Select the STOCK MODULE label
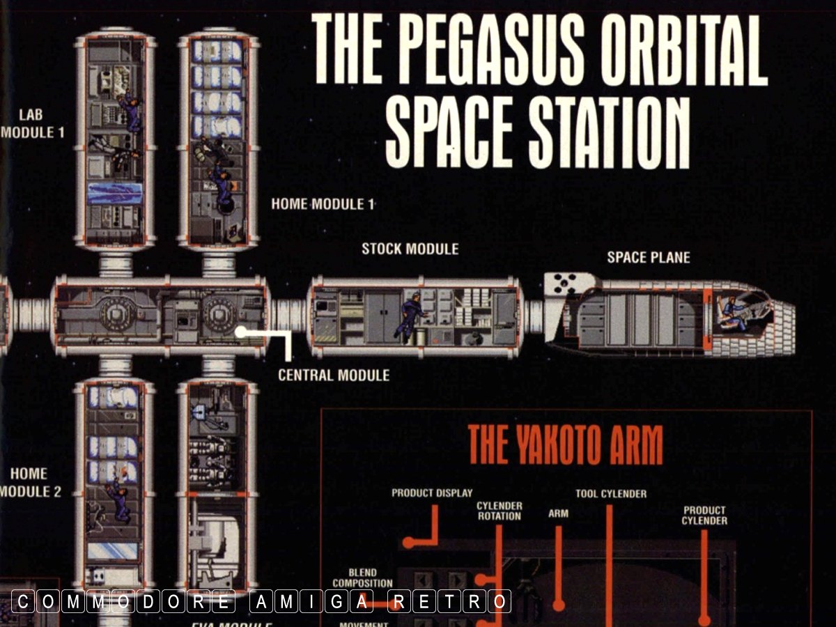coord(410,249)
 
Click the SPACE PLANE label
coord(648,257)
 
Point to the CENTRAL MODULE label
coord(334,376)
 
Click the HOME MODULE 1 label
coord(323,204)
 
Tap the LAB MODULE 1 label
coord(32,123)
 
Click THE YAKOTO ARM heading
coord(565,444)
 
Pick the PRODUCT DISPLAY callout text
coord(432,493)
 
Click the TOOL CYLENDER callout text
coord(611,494)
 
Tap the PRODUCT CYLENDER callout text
coord(704,516)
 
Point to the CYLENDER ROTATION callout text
coord(499,511)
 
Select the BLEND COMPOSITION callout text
coord(362,578)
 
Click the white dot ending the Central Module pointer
coord(240,332)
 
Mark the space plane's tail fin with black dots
coord(564,284)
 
